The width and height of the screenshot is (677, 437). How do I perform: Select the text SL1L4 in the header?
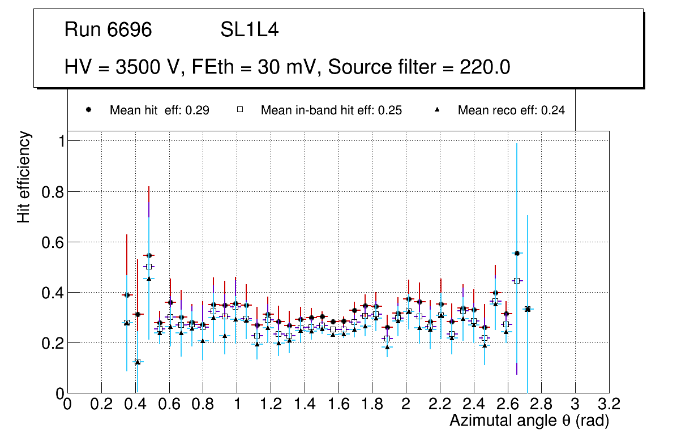click(249, 30)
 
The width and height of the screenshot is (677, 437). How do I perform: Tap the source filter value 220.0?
click(483, 67)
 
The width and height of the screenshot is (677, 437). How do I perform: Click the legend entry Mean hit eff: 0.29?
click(159, 110)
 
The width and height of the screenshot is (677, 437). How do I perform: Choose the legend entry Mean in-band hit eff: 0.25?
click(331, 110)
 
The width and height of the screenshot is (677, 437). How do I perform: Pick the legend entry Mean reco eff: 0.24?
click(511, 110)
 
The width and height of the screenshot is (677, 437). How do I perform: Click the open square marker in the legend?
click(239, 110)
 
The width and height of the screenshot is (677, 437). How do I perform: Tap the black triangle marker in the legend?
click(436, 110)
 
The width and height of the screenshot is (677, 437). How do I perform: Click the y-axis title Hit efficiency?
click(24, 177)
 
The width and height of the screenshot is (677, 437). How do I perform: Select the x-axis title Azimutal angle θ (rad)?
click(529, 421)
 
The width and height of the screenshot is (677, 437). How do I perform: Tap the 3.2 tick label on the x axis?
click(609, 404)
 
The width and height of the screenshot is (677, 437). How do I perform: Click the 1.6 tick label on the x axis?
click(338, 404)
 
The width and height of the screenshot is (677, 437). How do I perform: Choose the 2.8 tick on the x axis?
click(541, 404)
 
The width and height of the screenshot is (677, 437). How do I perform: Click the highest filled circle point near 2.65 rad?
click(517, 253)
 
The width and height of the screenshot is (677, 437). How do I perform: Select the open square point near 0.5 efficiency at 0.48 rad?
click(149, 266)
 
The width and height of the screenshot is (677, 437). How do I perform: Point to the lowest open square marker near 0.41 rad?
click(136, 362)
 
